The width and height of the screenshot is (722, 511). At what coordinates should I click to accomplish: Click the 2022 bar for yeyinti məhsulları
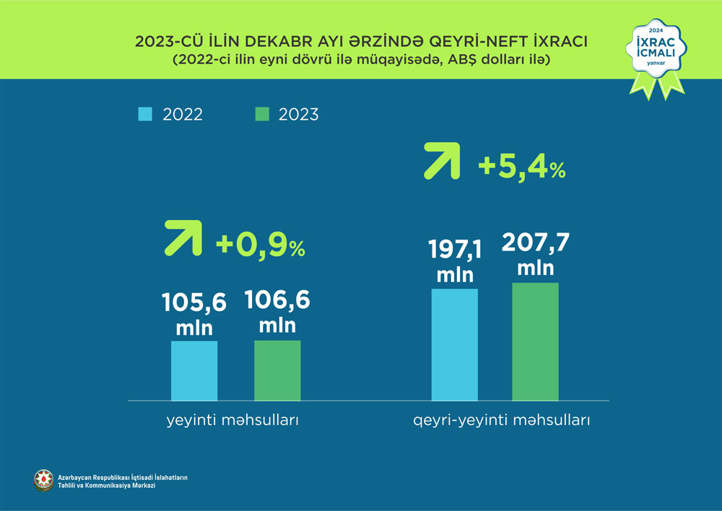[x=194, y=370]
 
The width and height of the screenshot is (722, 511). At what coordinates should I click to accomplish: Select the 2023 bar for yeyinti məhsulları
[x=277, y=370]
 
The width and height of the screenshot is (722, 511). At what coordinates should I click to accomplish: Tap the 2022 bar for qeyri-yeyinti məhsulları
[x=454, y=344]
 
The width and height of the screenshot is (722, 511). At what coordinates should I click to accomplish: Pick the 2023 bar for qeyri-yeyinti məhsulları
[x=535, y=341]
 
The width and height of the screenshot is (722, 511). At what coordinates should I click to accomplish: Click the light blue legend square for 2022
[x=145, y=114]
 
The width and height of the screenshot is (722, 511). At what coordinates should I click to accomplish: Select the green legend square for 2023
[x=263, y=114]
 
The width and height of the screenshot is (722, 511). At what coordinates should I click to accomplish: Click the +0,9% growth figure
[x=261, y=247]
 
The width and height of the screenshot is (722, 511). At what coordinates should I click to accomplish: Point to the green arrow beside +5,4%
[x=442, y=161]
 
